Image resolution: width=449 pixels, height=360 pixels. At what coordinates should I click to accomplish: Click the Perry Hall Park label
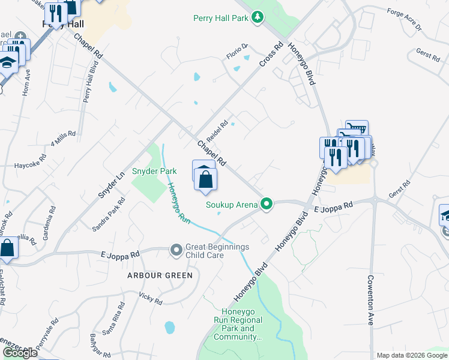pos(221,18)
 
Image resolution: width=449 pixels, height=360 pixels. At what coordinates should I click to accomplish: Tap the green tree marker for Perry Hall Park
pos(258,17)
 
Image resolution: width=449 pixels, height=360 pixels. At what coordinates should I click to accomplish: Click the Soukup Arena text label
pos(232,205)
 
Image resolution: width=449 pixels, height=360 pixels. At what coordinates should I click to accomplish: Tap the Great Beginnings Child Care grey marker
pos(176,249)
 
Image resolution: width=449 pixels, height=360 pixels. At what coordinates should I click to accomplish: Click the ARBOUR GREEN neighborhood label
pos(160,275)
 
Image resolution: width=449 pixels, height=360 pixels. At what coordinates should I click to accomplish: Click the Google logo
pos(20,353)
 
